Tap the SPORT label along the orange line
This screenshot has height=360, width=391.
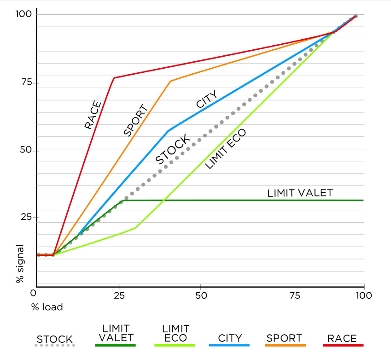tap(135, 121)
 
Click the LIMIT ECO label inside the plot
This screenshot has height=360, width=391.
tap(225, 149)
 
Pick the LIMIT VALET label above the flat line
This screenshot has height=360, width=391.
tap(300, 193)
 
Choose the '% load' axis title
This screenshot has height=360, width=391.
tap(47, 306)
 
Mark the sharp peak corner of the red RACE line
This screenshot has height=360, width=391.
tap(114, 78)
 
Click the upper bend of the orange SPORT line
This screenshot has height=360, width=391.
tap(170, 81)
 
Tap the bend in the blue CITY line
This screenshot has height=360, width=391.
tap(169, 131)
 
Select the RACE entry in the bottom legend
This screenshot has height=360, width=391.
tap(342, 338)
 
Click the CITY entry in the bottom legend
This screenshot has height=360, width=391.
tap(230, 338)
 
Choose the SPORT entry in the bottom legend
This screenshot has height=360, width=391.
tap(285, 338)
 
